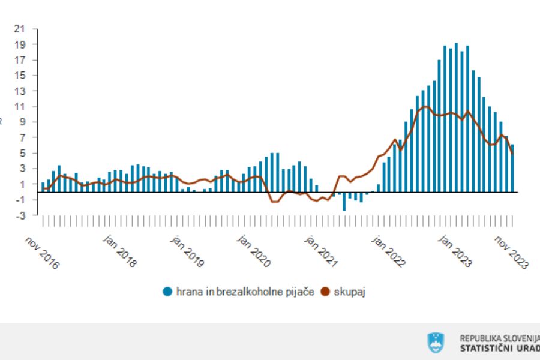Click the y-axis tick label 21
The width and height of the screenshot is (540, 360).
tap(21, 29)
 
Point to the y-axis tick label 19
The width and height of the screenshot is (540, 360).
tap(21, 44)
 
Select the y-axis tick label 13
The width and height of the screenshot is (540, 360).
tap(21, 91)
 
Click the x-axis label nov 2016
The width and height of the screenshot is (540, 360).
tap(42, 253)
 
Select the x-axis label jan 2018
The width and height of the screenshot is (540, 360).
tap(119, 253)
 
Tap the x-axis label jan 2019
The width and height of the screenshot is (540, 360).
tap(186, 253)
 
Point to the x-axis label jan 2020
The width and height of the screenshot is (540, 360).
tap(253, 253)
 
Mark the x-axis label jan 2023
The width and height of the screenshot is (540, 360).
tap(454, 253)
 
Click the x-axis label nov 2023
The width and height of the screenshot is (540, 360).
tap(511, 253)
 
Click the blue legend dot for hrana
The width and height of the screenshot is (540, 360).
tap(167, 292)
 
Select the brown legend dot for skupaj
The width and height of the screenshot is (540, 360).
tap(326, 292)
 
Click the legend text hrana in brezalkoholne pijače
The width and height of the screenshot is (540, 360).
tap(245, 292)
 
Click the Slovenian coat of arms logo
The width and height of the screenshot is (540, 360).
tap(436, 343)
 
